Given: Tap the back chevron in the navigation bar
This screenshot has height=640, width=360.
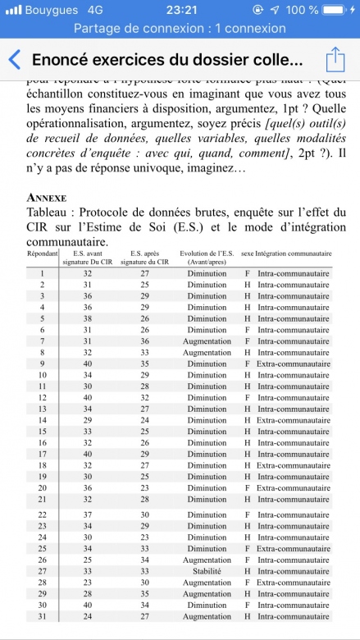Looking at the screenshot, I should pyautogui.click(x=14, y=60).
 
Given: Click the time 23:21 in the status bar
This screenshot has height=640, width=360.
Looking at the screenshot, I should pyautogui.click(x=179, y=10).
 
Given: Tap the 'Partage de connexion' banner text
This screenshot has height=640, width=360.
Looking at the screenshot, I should pyautogui.click(x=179, y=28).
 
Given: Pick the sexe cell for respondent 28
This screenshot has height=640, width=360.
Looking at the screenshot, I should pyautogui.click(x=247, y=582).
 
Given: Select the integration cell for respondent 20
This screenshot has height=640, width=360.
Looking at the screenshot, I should pyautogui.click(x=293, y=487).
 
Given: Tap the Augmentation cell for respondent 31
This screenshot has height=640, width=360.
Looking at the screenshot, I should pyautogui.click(x=206, y=616).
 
